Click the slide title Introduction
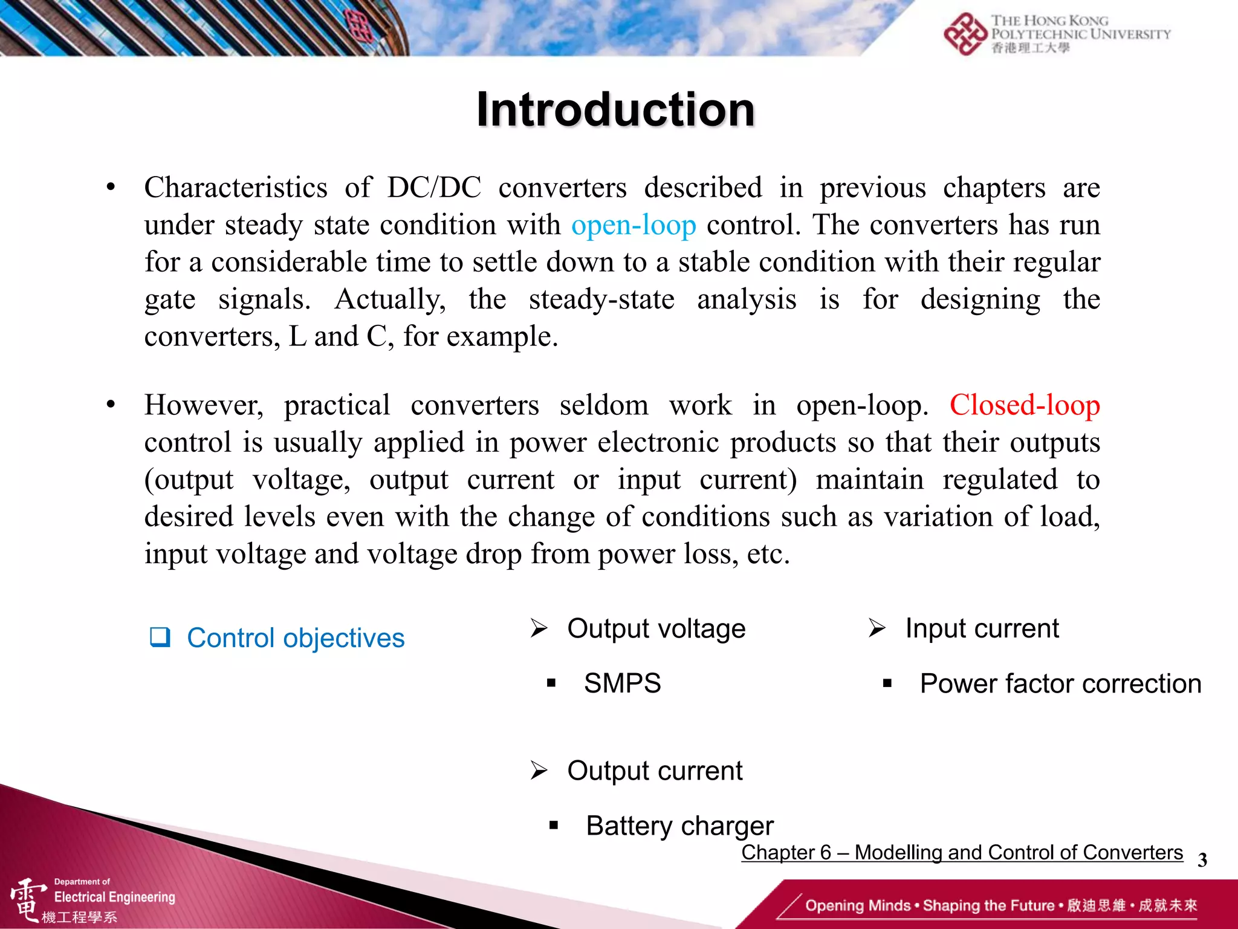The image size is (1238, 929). (615, 110)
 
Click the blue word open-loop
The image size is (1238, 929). (634, 226)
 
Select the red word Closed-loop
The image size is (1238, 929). (1024, 405)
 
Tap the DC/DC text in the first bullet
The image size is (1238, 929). (434, 188)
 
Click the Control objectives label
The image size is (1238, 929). (296, 638)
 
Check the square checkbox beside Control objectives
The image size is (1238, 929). (160, 637)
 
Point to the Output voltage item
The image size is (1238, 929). (656, 628)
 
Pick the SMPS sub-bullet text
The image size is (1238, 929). (622, 683)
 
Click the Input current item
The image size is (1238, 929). (982, 628)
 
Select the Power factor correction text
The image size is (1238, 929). (1060, 684)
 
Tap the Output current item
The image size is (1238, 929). (655, 771)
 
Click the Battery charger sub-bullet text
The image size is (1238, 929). (679, 826)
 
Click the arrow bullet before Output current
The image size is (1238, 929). (539, 771)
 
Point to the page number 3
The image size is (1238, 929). (1202, 860)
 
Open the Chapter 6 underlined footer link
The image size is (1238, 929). (962, 852)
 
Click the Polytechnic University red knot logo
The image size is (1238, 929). (965, 34)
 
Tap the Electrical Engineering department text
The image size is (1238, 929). (114, 897)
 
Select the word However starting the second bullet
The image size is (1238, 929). (204, 405)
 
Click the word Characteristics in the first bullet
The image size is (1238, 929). (236, 188)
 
